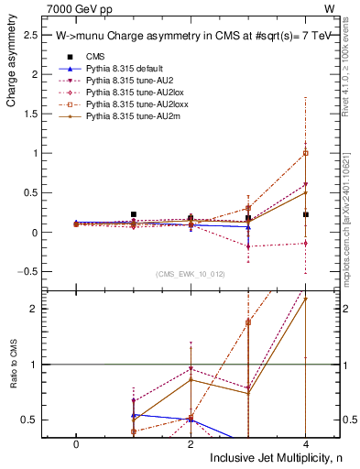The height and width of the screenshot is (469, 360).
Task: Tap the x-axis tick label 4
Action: coord(305,442)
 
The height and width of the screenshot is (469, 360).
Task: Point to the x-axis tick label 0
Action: coord(75,442)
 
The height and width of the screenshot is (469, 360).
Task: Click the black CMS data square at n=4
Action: coord(305,214)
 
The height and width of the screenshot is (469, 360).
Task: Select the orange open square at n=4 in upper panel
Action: coord(305,153)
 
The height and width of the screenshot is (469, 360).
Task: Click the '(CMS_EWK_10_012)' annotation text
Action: coord(191,274)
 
